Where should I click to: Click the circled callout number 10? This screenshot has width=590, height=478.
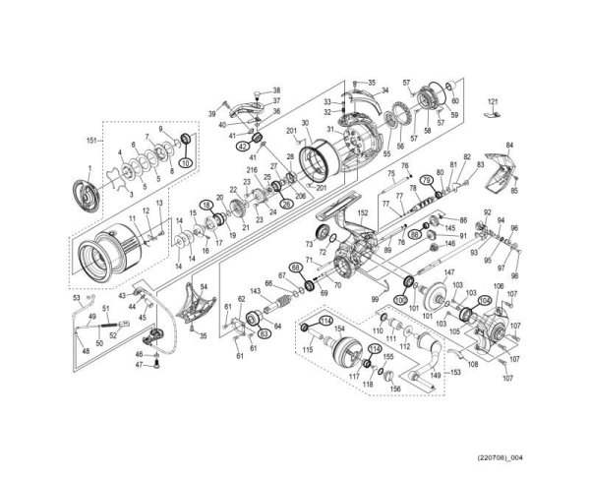point(186,162)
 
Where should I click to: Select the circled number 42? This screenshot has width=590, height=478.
point(242,146)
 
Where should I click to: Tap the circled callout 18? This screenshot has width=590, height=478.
point(206,205)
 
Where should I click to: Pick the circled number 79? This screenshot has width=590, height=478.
point(426,179)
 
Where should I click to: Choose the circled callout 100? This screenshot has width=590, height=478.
point(399,299)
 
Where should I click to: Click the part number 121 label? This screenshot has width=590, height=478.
point(494,101)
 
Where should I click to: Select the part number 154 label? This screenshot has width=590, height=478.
point(339,329)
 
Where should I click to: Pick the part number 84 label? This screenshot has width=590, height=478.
point(508,145)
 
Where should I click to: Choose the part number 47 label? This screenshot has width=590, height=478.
point(141,365)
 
